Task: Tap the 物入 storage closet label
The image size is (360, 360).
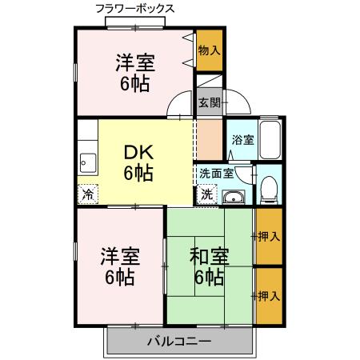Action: [209, 50]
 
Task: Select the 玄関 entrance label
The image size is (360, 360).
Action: [210, 102]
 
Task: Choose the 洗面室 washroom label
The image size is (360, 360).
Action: [216, 172]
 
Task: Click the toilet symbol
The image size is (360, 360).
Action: [270, 188]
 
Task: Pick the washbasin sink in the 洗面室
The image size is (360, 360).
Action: [234, 198]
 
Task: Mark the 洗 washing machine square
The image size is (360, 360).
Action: [207, 194]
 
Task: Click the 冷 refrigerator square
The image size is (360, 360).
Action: [88, 193]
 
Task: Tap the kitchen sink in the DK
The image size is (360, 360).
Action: [87, 165]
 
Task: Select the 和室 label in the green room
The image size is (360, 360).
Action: [210, 257]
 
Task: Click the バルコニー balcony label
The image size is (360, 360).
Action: [178, 342]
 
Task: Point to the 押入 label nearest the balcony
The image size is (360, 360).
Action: [269, 296]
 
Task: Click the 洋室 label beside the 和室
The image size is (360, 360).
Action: [120, 257]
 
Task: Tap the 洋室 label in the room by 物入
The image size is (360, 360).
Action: [134, 62]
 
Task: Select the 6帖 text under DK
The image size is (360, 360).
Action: [138, 172]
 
